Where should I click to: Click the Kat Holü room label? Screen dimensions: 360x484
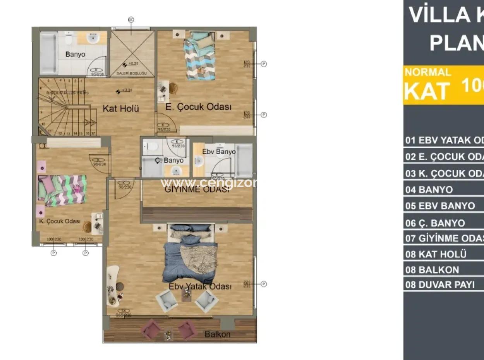[x=120, y=108]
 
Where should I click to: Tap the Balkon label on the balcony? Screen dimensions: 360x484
[x=217, y=334]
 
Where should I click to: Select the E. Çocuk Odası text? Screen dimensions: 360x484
[x=198, y=107]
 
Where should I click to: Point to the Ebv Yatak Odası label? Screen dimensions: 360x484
[x=200, y=286]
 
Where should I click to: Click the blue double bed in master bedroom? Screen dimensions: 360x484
[x=190, y=252]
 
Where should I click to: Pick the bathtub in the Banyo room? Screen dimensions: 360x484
[x=48, y=53]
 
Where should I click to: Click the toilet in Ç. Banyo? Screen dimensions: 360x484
[x=151, y=146]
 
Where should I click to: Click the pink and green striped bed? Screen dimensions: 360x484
[x=62, y=189]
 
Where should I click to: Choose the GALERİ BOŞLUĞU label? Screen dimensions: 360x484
[x=132, y=73]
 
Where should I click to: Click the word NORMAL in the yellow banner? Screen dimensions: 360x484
[x=427, y=72]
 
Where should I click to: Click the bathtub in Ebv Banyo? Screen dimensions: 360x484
[x=244, y=161]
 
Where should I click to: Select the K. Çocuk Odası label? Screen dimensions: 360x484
[x=60, y=221]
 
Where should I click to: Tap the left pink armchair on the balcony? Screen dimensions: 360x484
[x=151, y=329]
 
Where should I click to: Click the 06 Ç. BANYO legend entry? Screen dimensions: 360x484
[x=435, y=223]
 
